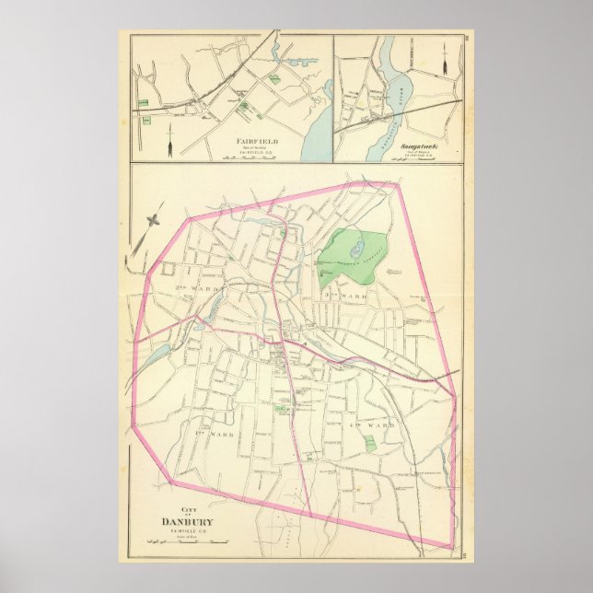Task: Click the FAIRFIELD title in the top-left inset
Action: click(250, 142)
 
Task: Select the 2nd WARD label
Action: click(179, 270)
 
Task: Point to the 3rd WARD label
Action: click(345, 295)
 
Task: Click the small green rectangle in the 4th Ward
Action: click(369, 444)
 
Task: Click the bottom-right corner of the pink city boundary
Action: click(451, 549)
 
